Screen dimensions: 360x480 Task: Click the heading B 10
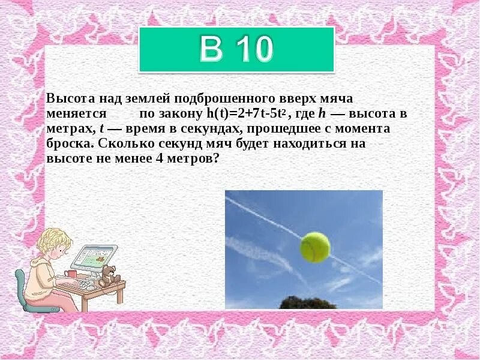coord(236,49)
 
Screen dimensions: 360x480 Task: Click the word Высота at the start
coord(68,98)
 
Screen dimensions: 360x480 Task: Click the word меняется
coord(76,113)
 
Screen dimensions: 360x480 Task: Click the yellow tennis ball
coord(314,247)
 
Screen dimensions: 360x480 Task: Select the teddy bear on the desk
coord(108,275)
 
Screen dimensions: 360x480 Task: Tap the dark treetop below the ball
coord(300,303)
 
